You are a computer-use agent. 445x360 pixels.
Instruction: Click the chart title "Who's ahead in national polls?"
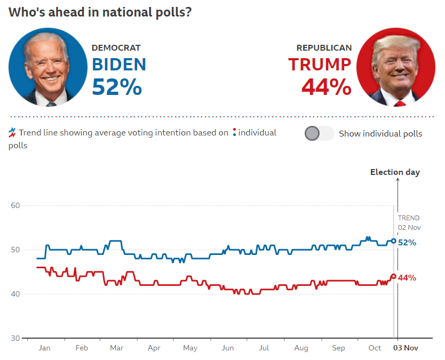100,12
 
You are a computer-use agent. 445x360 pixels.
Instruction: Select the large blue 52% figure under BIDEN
117,87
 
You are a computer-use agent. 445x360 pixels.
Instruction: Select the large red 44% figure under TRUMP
327,87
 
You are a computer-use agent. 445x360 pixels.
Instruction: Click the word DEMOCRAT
116,48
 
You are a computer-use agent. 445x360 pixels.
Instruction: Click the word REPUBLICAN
324,48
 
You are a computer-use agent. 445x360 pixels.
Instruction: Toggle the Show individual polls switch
319,133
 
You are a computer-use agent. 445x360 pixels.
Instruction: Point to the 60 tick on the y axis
15,205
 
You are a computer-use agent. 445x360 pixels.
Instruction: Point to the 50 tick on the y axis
15,250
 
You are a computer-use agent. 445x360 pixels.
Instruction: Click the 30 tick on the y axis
15,338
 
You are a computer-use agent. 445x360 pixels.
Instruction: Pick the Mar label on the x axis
117,348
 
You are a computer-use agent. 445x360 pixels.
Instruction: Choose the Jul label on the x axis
264,348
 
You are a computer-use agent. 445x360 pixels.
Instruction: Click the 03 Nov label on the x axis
406,348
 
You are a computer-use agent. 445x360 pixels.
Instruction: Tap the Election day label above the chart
395,172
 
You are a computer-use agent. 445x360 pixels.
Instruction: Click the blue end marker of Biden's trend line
394,241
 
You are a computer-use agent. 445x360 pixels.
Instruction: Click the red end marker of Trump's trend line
394,276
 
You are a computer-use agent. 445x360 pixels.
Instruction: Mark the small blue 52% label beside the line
407,242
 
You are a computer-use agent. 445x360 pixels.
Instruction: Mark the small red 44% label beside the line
407,277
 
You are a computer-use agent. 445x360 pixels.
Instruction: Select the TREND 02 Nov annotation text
409,222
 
